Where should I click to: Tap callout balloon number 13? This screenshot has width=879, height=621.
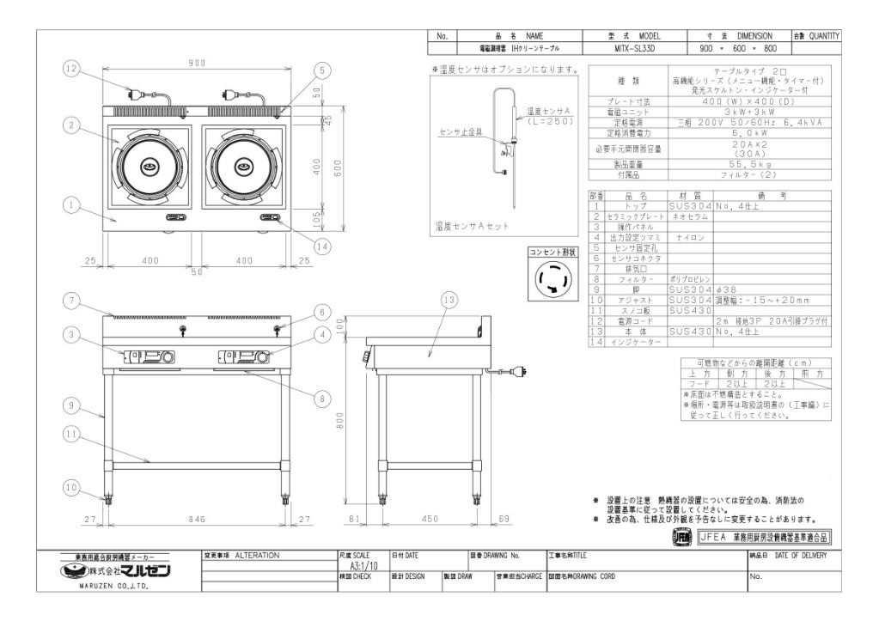(448, 300)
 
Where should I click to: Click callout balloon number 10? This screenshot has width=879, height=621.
(70, 487)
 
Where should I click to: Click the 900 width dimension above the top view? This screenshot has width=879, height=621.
(197, 63)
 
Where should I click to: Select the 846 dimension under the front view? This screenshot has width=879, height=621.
(197, 519)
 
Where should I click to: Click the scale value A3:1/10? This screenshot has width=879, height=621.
(362, 567)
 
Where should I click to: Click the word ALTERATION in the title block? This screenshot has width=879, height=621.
(257, 556)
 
